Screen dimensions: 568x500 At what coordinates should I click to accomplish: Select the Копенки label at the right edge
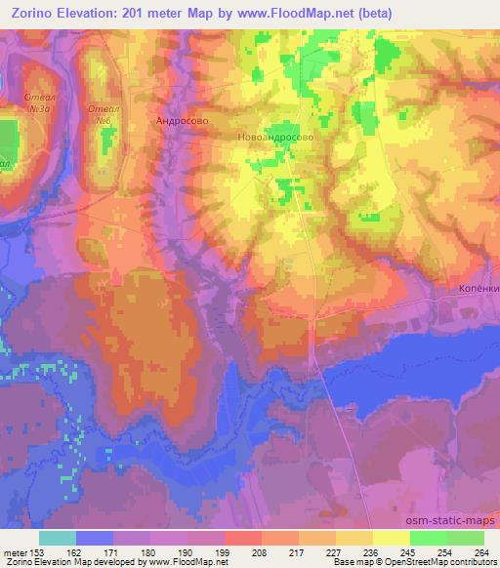coord(479,290)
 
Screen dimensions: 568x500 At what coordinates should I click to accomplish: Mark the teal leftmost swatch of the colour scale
coord(58,537)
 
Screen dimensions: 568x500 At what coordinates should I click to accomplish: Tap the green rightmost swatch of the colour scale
coord(466,537)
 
